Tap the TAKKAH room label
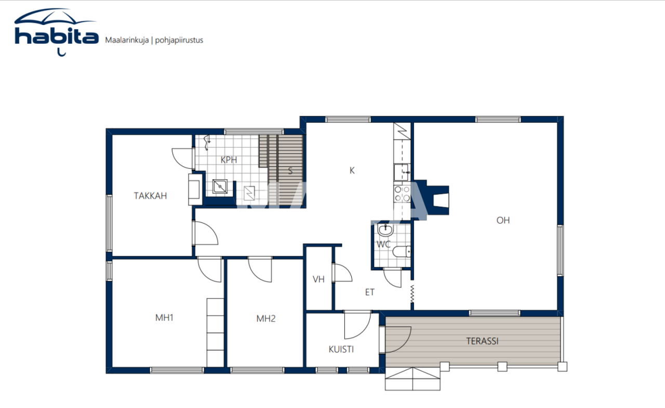click(x=150, y=196)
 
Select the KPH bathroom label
click(x=229, y=160)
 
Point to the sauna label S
click(x=290, y=171)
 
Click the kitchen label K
click(x=352, y=170)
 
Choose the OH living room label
click(x=503, y=220)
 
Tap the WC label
click(x=383, y=244)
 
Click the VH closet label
click(x=318, y=279)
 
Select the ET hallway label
click(x=369, y=293)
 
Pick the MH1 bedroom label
click(x=164, y=318)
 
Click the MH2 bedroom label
click(x=265, y=319)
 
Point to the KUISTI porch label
click(x=341, y=349)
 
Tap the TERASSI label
click(x=482, y=341)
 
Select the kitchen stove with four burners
click(x=402, y=194)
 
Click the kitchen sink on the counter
click(x=402, y=171)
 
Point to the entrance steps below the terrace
click(x=413, y=379)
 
